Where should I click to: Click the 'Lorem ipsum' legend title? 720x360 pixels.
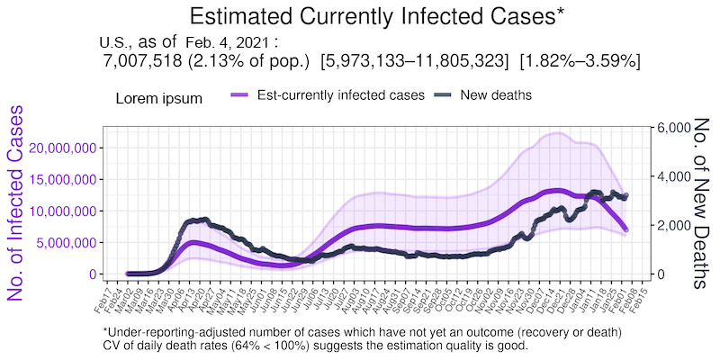tap(158, 97)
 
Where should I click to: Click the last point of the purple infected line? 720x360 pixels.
tap(625, 229)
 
